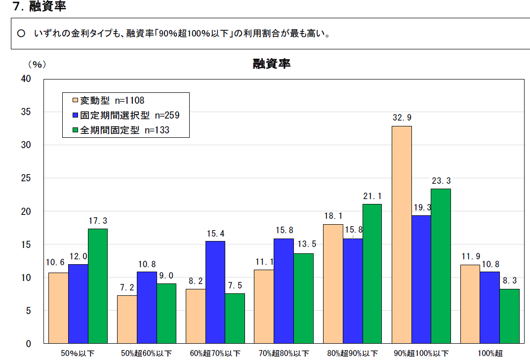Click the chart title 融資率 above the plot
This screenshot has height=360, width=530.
click(271, 64)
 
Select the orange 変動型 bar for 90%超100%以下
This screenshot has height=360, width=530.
click(402, 235)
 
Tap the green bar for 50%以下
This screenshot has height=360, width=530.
click(97, 286)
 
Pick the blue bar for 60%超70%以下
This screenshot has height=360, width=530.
click(215, 292)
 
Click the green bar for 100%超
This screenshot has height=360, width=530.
click(509, 316)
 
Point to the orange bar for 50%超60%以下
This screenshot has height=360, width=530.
click(127, 319)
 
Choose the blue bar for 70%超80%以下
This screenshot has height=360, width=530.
click(284, 291)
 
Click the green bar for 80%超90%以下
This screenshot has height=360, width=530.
click(372, 274)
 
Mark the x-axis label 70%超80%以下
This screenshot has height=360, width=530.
click(284, 354)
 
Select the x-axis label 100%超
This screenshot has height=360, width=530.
click(489, 354)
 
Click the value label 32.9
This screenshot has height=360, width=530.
click(401, 118)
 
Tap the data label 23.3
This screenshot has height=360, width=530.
click(441, 181)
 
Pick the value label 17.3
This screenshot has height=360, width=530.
click(97, 221)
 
